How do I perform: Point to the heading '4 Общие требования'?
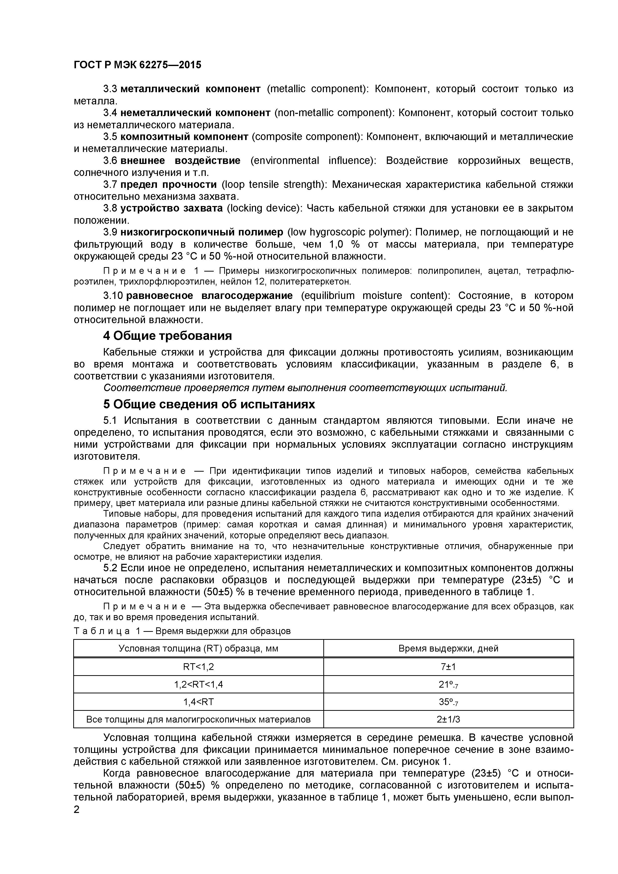(167, 336)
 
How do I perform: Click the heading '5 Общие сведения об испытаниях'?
(209, 404)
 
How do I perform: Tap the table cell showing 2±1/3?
(448, 720)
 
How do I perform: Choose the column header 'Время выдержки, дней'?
(448, 649)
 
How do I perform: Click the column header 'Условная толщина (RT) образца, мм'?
(198, 649)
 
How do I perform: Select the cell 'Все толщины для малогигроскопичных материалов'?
(198, 720)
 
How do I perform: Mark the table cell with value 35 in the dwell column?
(448, 702)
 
